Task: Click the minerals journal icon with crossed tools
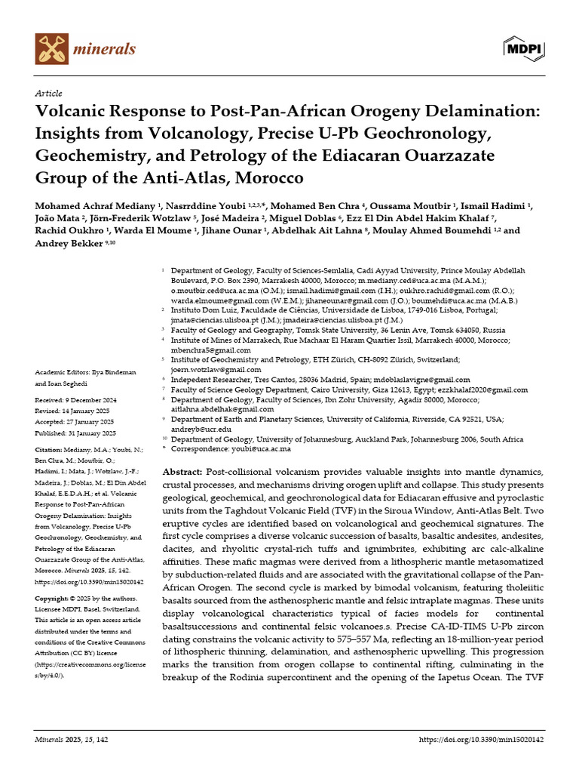coord(51,48)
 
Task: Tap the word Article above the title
coord(48,93)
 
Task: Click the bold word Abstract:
coord(182,471)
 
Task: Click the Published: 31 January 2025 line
coord(75,433)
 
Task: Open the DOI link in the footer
coord(481,741)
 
